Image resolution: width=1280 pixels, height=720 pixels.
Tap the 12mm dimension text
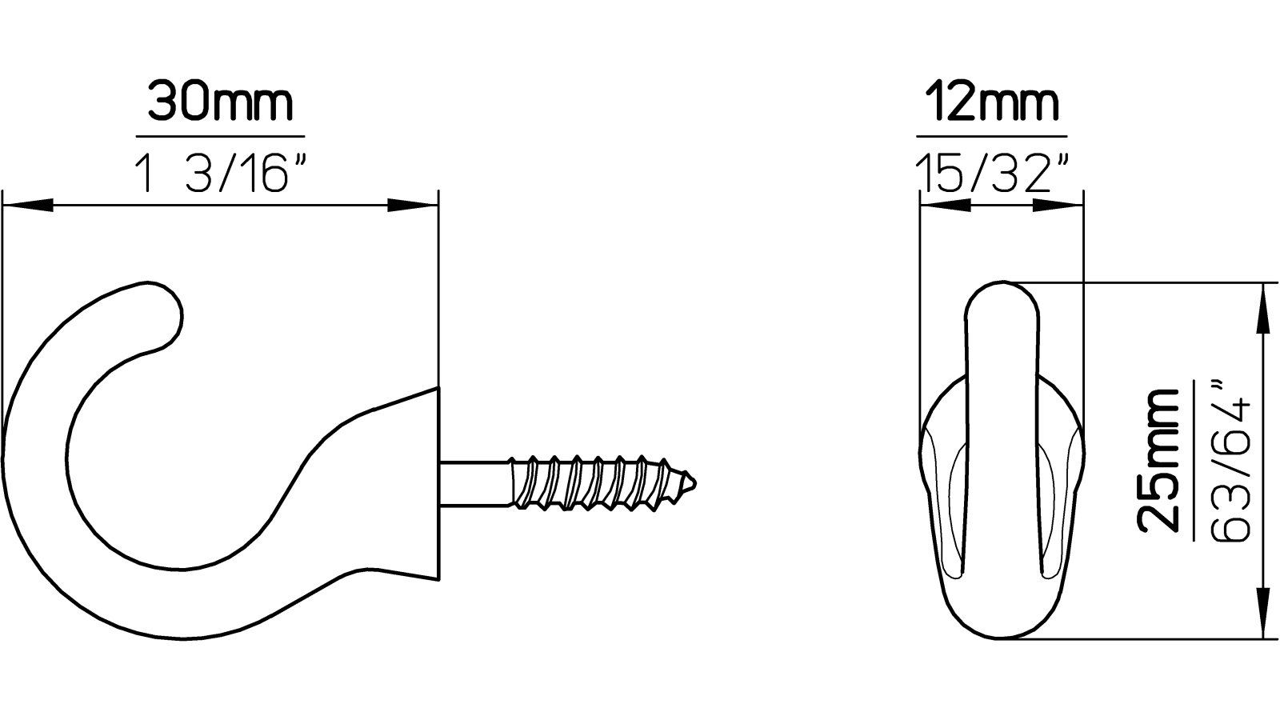992,102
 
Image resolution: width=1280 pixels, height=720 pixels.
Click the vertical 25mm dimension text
1158,462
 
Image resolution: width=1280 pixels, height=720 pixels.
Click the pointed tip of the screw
694,484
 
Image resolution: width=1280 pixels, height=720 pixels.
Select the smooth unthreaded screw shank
474,483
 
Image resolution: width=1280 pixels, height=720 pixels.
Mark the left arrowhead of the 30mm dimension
24,206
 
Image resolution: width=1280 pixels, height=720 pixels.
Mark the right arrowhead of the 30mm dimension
416,206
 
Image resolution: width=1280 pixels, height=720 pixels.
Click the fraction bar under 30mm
220,136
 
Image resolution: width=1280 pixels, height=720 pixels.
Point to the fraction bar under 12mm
992,136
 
